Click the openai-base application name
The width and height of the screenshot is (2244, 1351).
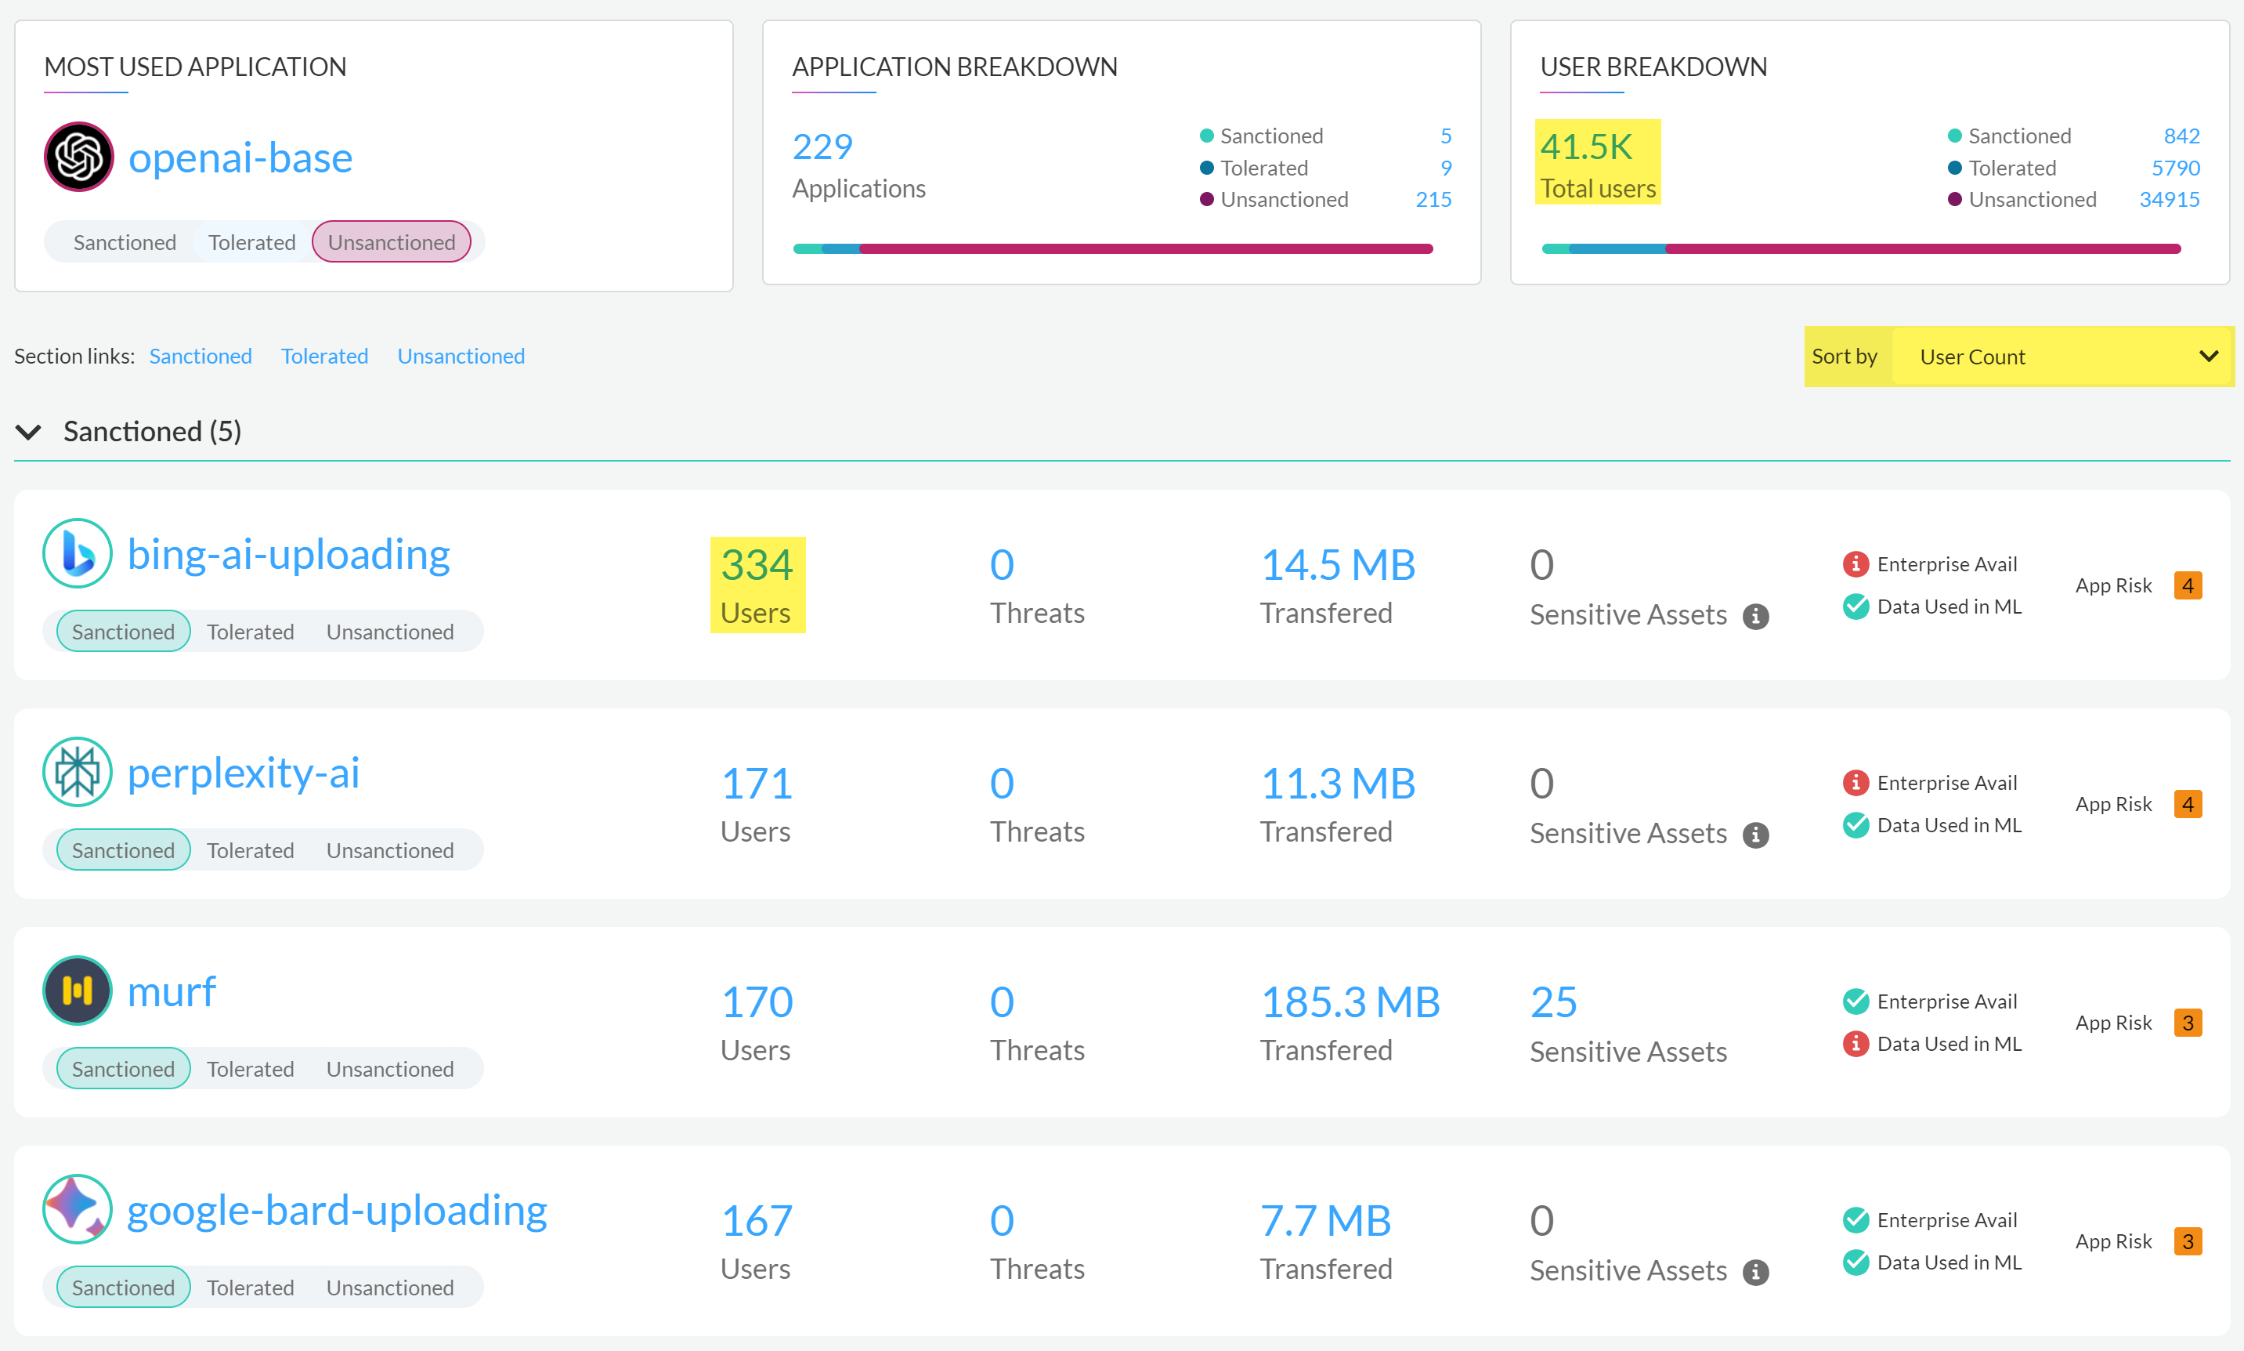click(x=240, y=158)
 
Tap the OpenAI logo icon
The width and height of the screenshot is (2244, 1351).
click(x=78, y=157)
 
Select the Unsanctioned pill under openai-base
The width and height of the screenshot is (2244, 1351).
click(x=392, y=242)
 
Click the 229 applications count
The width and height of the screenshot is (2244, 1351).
click(x=822, y=147)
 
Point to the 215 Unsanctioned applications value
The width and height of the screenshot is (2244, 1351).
click(x=1433, y=199)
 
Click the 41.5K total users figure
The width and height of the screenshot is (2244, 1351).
click(x=1586, y=147)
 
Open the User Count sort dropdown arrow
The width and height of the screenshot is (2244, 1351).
click(x=2208, y=356)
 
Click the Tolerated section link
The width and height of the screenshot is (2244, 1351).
click(x=324, y=356)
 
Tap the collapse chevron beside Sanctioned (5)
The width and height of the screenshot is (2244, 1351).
click(x=29, y=432)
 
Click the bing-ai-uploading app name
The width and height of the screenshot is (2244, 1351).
click(x=288, y=553)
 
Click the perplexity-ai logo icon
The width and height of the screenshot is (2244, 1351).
click(x=78, y=772)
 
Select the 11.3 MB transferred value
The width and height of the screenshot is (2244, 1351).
click(x=1337, y=783)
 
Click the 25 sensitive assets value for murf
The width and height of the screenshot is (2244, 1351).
click(x=1552, y=1001)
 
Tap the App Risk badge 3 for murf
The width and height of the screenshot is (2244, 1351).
click(x=2187, y=1023)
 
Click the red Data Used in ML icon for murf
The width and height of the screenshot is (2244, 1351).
click(x=1855, y=1043)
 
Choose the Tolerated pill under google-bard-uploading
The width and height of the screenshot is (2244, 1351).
click(x=250, y=1288)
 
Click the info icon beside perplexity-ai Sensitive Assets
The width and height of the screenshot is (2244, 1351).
click(x=1754, y=835)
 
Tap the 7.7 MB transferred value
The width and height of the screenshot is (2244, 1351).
click(x=1325, y=1220)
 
